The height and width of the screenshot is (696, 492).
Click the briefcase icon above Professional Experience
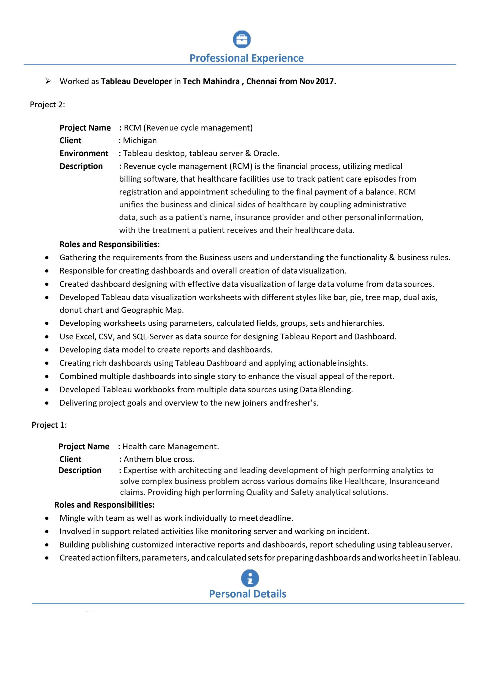pos(242,39)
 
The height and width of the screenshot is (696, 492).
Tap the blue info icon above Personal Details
pos(250,578)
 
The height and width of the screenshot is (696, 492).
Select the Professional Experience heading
pos(246,58)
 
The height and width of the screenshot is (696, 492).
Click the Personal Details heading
pos(247,594)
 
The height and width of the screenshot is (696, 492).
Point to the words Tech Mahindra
pos(211,81)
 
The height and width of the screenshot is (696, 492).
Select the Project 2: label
pos(47,105)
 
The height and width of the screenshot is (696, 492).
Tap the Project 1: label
pos(49,425)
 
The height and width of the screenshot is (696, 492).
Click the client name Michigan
pos(140,140)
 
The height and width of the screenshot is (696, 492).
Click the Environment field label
pos(84,153)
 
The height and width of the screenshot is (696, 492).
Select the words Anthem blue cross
pos(159,459)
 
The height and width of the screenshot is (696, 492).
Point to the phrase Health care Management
pos(171,446)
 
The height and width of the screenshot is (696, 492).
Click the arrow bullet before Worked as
pos(48,81)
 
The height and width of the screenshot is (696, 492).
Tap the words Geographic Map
pos(152,310)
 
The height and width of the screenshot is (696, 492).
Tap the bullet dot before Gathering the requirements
pos(47,258)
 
